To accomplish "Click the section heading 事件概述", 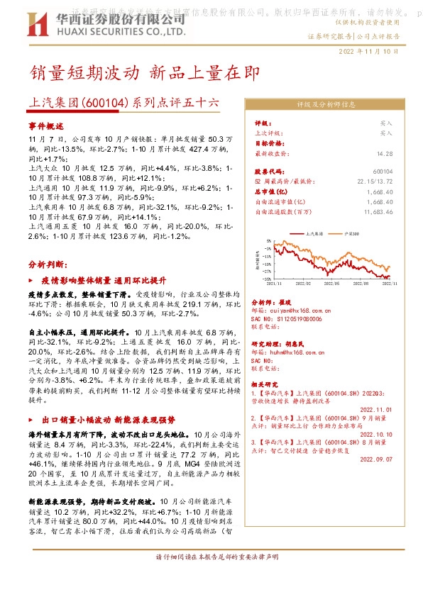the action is click(x=46, y=124).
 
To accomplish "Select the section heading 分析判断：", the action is click(x=48, y=263).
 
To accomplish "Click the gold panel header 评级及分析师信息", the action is click(x=326, y=104).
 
